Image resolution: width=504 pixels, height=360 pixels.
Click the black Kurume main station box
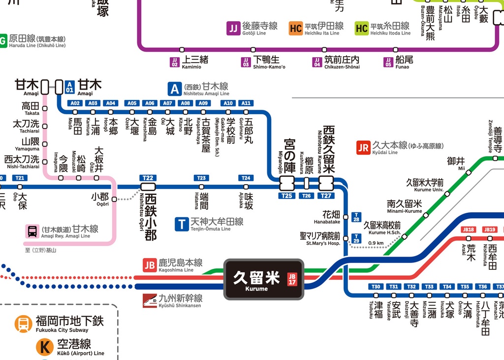coord(264,279)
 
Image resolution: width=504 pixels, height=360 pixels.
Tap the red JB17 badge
coord(292,279)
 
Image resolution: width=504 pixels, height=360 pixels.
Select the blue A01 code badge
coord(70,87)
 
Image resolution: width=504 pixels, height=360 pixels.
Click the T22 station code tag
coord(148,178)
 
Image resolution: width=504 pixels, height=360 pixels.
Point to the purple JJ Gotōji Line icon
coord(233,28)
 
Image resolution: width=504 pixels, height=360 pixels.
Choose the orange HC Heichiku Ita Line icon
coord(296,28)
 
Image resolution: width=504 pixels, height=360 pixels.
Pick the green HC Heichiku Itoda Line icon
coord(362,28)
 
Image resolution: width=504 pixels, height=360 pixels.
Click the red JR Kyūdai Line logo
coord(363,148)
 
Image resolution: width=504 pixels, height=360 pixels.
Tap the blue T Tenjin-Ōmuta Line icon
coord(182,224)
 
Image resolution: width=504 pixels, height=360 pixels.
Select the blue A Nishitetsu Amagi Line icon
coord(175,89)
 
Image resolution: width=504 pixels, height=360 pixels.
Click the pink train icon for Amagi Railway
coord(32,231)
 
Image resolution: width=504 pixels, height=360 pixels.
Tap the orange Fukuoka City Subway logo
coord(23,324)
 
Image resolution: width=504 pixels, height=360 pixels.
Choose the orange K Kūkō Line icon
coord(44,347)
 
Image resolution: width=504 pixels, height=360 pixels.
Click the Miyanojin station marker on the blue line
coord(287,184)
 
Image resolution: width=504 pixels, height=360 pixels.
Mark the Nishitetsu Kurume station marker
coord(326,184)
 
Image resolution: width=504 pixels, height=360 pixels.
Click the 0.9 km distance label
coord(376,243)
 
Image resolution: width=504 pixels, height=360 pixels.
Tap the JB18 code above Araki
coord(469,229)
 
